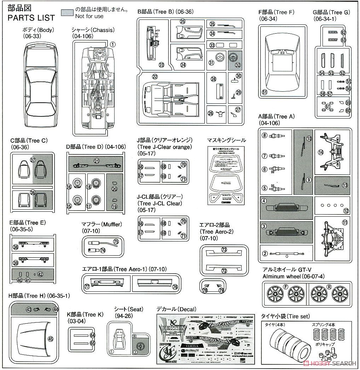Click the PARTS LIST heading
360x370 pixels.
31,18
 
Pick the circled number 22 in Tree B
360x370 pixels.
155,76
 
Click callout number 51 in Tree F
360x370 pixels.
264,92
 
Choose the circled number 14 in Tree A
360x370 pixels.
321,153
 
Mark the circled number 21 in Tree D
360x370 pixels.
97,161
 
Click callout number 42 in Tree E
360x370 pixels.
40,274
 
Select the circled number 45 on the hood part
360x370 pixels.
50,338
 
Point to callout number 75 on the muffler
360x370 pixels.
115,242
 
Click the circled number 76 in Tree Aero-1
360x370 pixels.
175,287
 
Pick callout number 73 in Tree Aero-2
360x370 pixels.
224,250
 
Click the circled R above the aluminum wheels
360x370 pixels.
329,286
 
